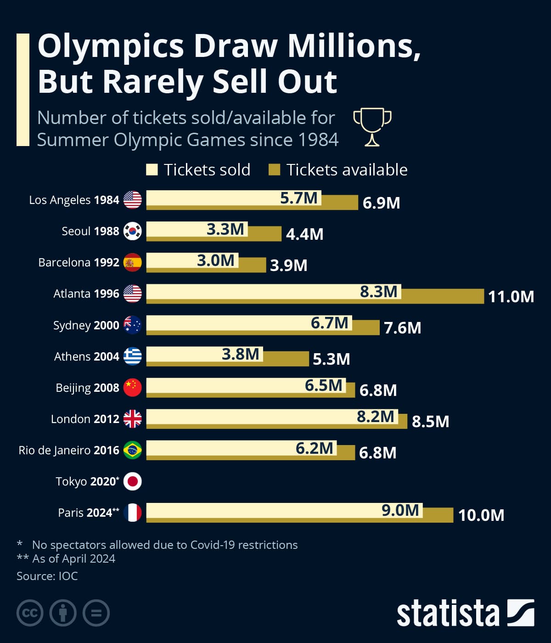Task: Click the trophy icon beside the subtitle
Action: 372,127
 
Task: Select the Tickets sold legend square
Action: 152,170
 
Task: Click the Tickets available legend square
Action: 274,170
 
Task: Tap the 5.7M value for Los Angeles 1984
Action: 299,198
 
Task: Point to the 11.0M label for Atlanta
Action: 511,297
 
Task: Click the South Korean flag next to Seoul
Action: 133,231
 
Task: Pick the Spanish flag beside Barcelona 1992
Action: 133,262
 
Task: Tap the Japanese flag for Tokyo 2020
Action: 133,481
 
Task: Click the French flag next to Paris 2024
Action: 133,513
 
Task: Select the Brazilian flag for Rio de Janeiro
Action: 133,450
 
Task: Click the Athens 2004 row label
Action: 86,356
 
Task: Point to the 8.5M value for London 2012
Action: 430,422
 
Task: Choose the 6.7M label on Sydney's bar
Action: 329,323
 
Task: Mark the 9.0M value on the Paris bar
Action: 400,510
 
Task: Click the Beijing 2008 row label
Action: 87,388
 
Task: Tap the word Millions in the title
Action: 354,46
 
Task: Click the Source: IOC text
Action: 47,576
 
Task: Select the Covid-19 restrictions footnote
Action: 164,545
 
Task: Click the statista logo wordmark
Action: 448,613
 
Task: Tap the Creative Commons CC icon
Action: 30,613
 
